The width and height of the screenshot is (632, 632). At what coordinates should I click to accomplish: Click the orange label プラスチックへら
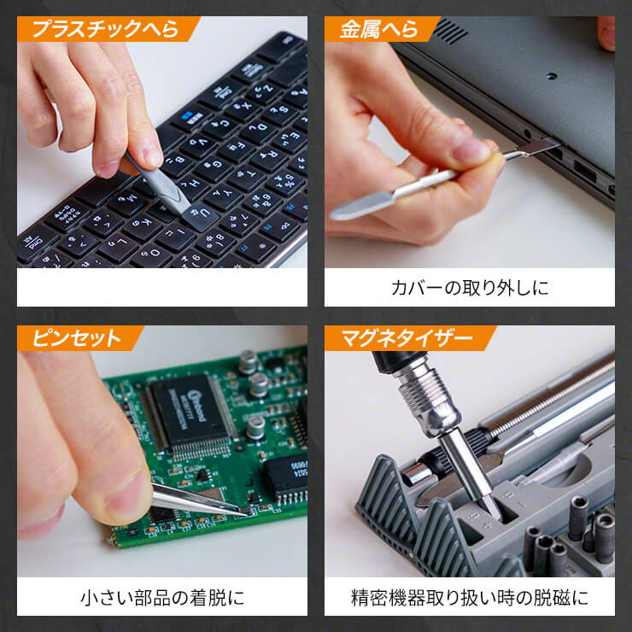coord(106,29)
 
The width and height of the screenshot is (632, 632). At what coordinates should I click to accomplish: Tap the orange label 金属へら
coord(379,29)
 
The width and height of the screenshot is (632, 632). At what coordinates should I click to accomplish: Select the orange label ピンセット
coord(78,337)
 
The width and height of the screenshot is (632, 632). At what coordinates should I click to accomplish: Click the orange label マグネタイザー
coord(407,337)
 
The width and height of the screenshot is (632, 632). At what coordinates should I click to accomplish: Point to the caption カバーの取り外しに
coord(470,288)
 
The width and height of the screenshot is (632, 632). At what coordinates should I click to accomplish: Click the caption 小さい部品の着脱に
coord(162,597)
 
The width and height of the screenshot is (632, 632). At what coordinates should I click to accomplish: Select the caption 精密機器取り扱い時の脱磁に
coord(470,597)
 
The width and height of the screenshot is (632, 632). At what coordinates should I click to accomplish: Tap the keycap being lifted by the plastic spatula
coord(201,216)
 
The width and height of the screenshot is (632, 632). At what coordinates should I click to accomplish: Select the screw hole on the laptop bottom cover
coord(552,76)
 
